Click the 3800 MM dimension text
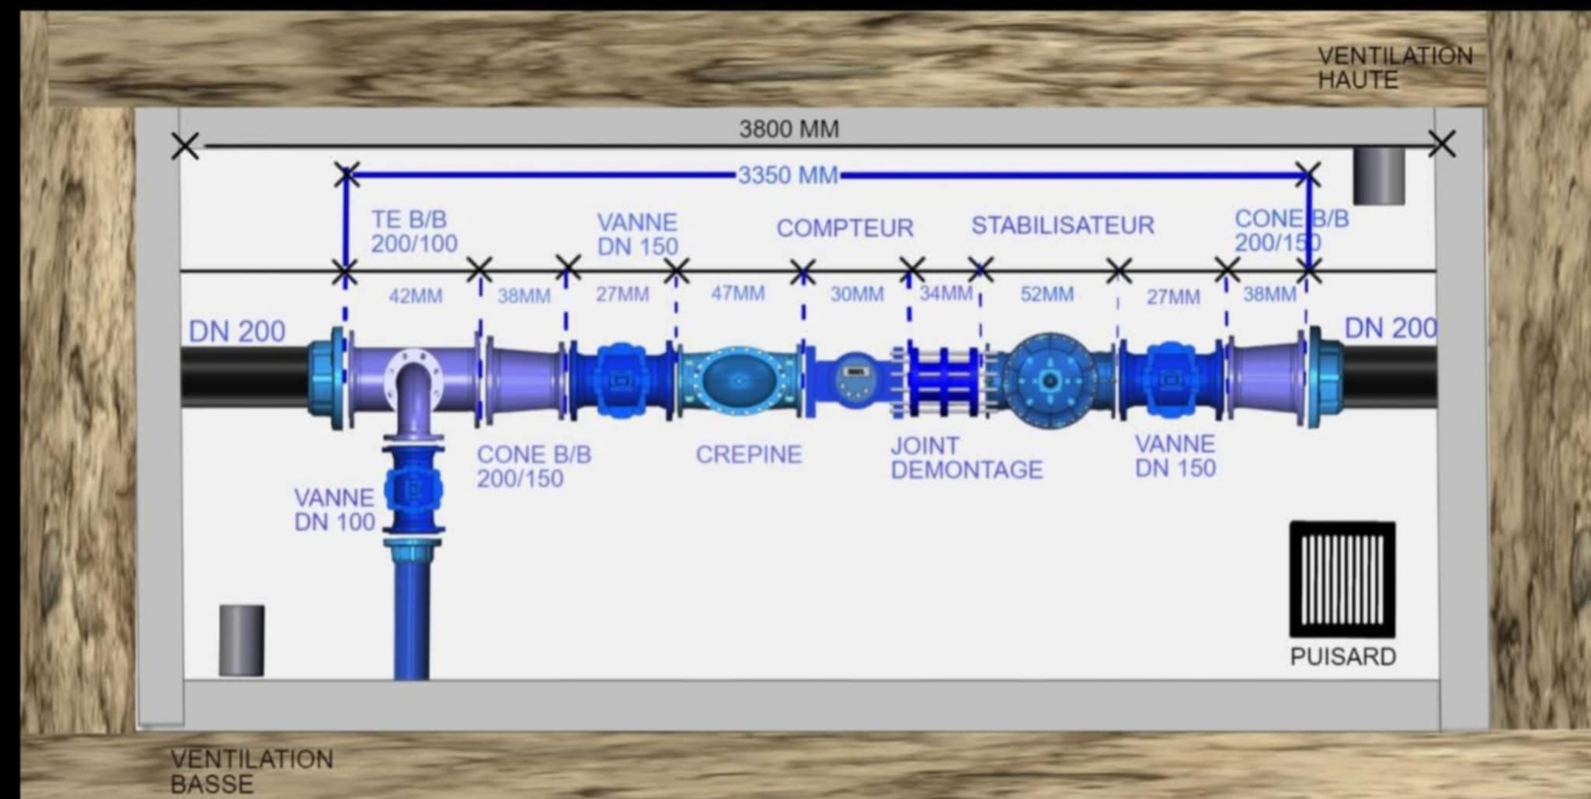point(789,129)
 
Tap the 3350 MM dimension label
point(788,176)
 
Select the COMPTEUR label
point(844,228)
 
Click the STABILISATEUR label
point(1063,225)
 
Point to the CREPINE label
point(748,455)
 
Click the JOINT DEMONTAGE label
point(966,458)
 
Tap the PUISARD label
point(1342,657)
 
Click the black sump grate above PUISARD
point(1342,580)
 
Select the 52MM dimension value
point(1046,295)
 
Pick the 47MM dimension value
point(737,294)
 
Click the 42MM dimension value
point(416,296)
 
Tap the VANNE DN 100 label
point(335,510)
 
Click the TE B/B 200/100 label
point(414,232)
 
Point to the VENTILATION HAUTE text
point(1395,68)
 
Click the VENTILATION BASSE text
point(252,771)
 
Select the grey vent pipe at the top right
point(1379,176)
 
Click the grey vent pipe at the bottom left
point(242,640)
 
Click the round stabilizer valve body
point(1050,381)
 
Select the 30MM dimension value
point(857,295)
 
